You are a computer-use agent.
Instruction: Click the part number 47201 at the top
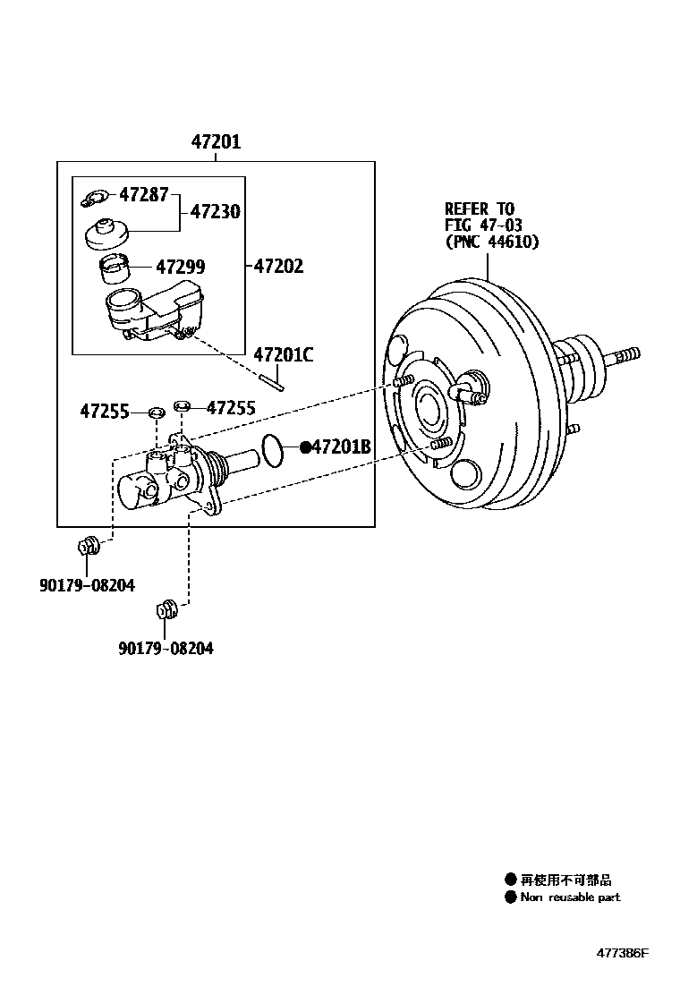[x=215, y=142]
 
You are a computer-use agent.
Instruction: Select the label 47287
[x=144, y=193]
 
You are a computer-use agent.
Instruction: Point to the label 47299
[x=180, y=267]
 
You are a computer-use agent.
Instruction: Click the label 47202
[x=278, y=266]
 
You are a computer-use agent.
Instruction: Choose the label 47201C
[x=283, y=354]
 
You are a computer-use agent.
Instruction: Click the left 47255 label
[x=105, y=412]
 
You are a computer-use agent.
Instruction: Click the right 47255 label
[x=231, y=409]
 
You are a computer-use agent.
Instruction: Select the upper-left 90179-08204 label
[x=87, y=585]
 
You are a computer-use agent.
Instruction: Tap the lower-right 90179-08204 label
[x=166, y=648]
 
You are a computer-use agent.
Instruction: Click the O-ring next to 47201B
[x=274, y=450]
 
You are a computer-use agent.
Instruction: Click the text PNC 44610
[x=491, y=242]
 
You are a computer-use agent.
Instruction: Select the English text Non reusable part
[x=570, y=897]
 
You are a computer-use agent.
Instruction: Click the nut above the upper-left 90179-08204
[x=88, y=545]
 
